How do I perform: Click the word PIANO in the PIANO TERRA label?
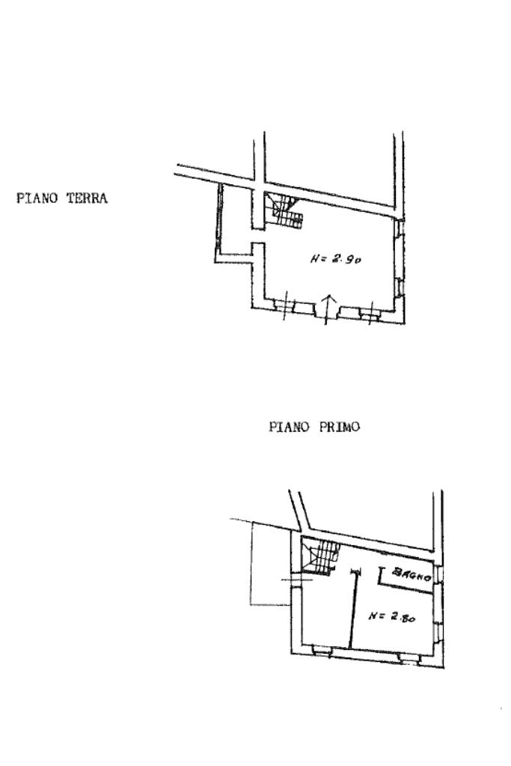click(x=37, y=198)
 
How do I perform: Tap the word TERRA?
click(x=87, y=198)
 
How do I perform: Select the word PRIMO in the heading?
click(x=339, y=427)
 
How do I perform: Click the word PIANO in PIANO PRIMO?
click(x=290, y=427)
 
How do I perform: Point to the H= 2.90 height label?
click(x=336, y=259)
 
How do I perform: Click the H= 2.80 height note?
click(x=392, y=616)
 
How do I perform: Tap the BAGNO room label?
click(x=412, y=574)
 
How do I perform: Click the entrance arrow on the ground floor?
click(x=329, y=309)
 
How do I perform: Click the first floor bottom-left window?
click(x=322, y=649)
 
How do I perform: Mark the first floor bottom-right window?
click(x=409, y=658)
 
